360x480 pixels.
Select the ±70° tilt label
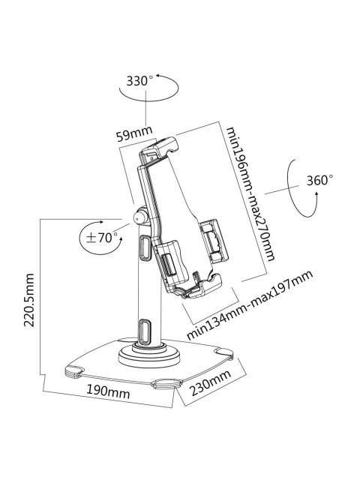(103, 238)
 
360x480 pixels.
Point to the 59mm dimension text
(133, 135)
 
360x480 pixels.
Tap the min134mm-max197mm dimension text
(249, 307)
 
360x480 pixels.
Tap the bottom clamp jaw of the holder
(202, 286)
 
